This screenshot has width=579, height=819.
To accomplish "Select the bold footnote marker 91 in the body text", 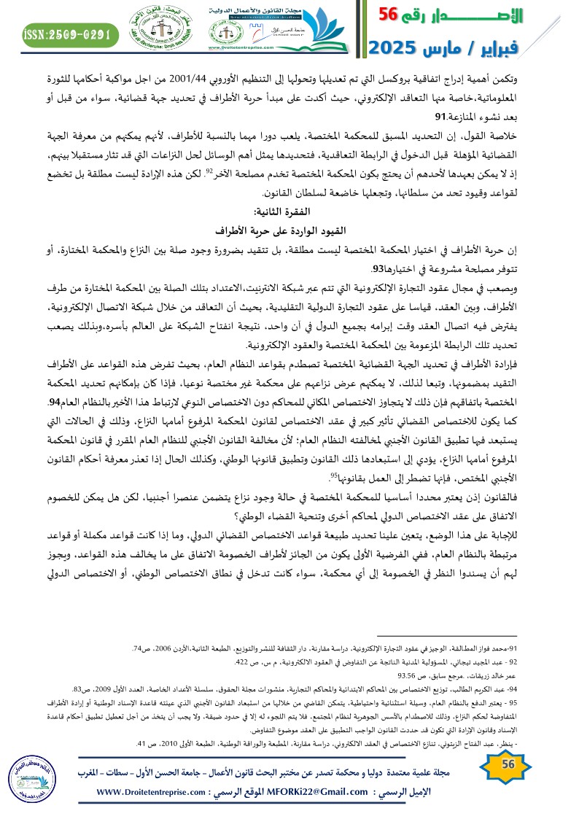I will click(x=440, y=116).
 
